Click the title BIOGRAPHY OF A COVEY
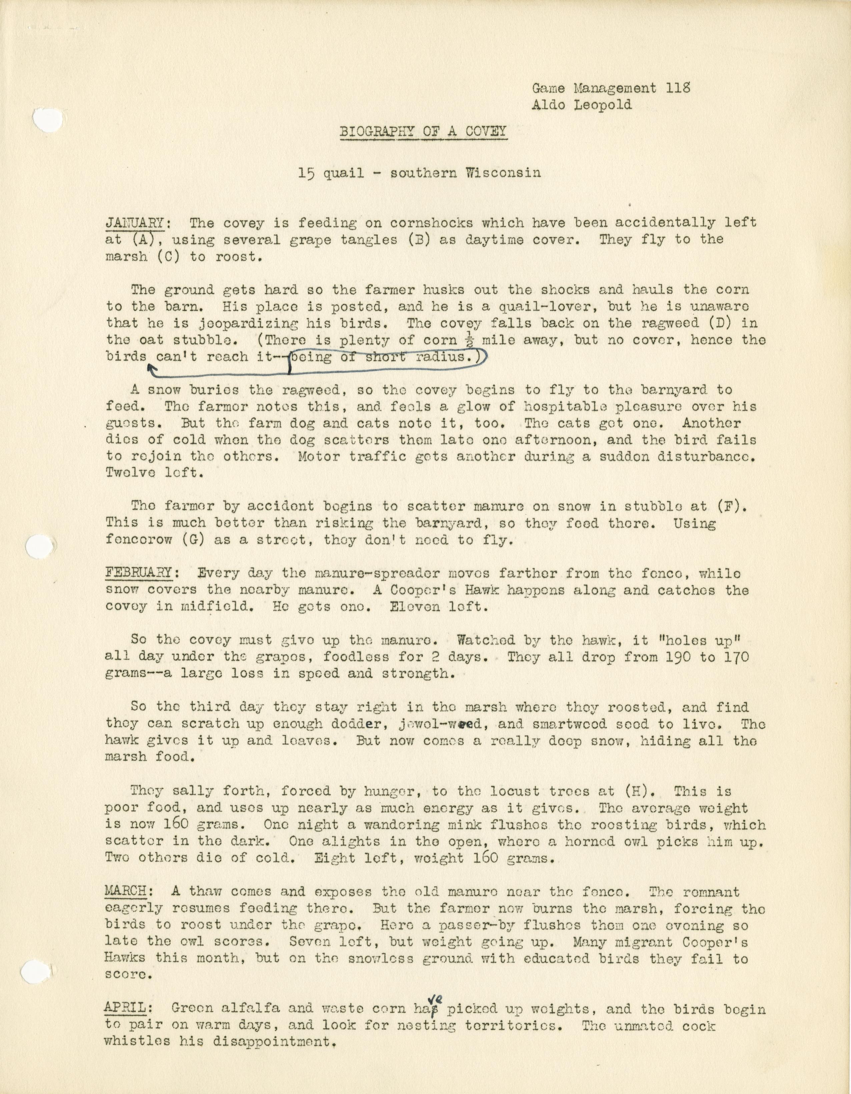423,132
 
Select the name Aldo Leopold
582,105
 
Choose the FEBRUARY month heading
139,573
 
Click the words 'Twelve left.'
154,473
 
